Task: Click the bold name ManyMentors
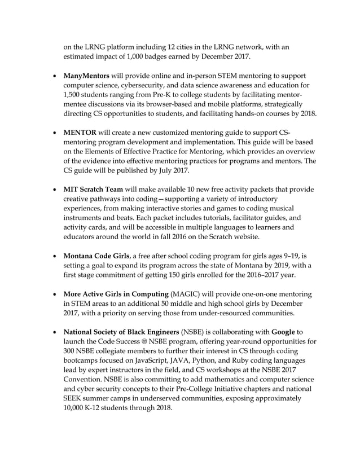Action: [86, 75]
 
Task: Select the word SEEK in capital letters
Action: [73, 399]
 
